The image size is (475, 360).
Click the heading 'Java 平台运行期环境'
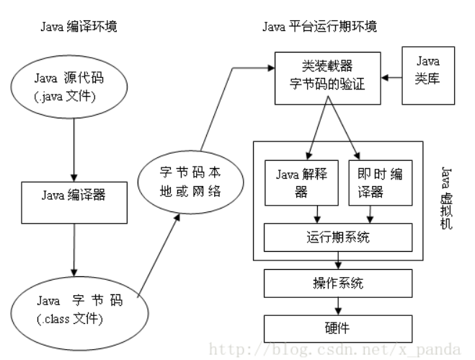click(x=319, y=27)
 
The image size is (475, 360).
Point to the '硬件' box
click(x=337, y=328)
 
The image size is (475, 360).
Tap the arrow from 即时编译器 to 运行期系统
click(x=370, y=213)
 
